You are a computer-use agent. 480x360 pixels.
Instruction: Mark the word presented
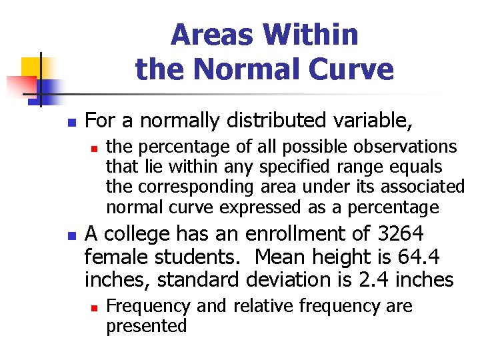click(x=147, y=326)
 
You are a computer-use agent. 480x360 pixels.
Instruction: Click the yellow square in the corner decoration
click(x=31, y=67)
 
